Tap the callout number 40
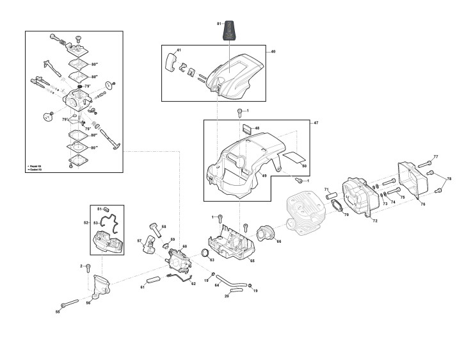tap(273, 51)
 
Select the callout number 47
tap(315, 122)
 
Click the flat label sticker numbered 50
tap(295, 155)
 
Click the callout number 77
tap(435, 157)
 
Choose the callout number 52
tap(86, 222)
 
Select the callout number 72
tap(375, 221)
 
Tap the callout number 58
tap(163, 226)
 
